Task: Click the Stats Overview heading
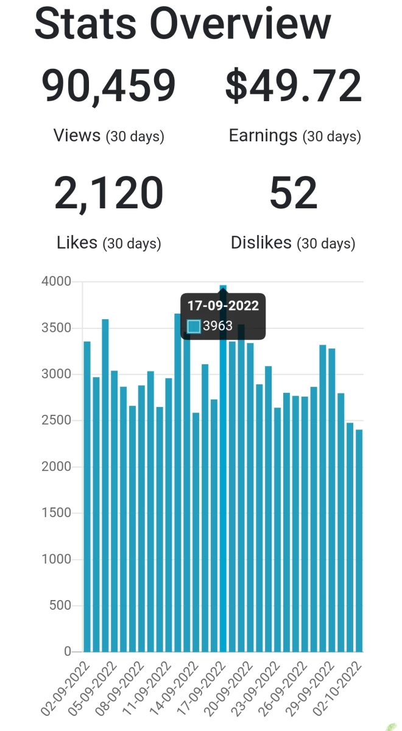(183, 24)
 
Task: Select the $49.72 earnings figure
(294, 86)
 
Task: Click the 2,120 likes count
(108, 193)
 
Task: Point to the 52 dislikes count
(294, 192)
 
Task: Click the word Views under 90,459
(77, 135)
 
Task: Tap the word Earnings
(263, 136)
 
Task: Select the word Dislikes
(261, 242)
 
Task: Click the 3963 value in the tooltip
(217, 326)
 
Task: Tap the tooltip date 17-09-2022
(223, 306)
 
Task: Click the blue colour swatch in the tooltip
(194, 327)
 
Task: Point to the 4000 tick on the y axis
(56, 281)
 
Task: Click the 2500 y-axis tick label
(56, 420)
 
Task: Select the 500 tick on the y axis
(60, 606)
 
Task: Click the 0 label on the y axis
(68, 652)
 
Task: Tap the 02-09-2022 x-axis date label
(65, 688)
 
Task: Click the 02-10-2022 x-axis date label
(337, 688)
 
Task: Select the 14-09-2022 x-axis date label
(174, 688)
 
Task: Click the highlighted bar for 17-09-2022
(223, 468)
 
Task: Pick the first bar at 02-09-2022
(87, 496)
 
